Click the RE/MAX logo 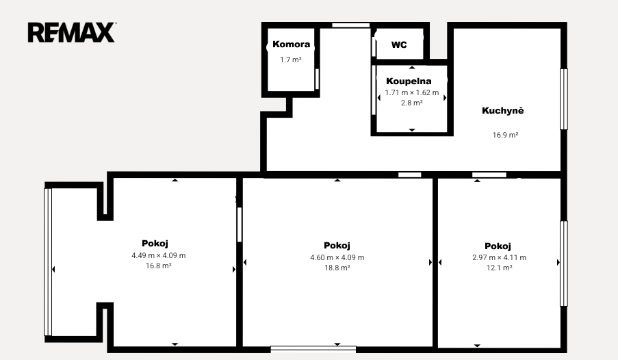[72, 32]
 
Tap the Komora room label [292, 44]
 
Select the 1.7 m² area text [291, 60]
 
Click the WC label [399, 45]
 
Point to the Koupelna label [409, 81]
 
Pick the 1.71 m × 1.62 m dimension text [412, 92]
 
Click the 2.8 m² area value [412, 103]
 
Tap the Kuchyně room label [503, 110]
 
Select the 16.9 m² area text [505, 135]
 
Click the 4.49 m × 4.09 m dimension [159, 255]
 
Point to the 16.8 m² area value [159, 266]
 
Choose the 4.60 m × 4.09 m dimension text [337, 257]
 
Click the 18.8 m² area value [337, 268]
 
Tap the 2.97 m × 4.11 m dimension [500, 257]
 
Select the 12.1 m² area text [500, 268]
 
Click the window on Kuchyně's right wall [564, 99]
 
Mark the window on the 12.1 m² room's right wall [564, 263]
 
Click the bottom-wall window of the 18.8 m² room [313, 349]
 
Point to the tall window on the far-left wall [48, 262]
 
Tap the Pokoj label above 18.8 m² [337, 246]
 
